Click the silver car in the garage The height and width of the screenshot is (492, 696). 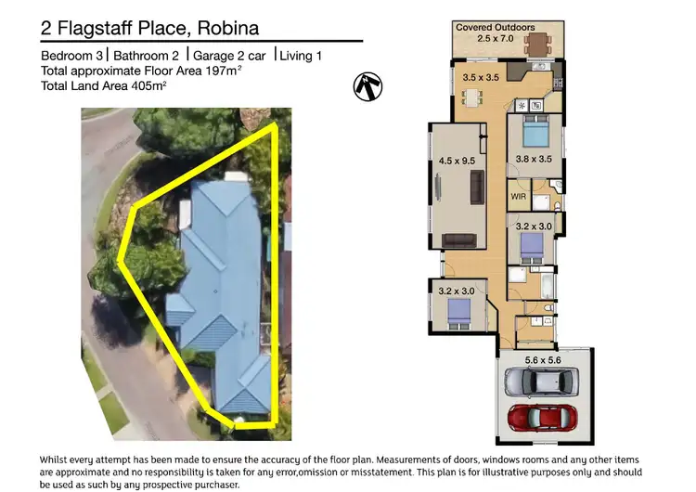[538, 381]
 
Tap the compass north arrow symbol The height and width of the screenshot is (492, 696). [368, 86]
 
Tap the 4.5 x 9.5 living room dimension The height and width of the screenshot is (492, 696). [455, 161]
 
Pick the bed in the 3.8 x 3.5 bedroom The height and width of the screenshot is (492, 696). [536, 136]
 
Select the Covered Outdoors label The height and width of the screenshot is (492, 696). [493, 28]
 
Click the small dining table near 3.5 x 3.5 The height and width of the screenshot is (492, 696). [470, 97]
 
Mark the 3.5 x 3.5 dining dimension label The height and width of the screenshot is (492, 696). [480, 78]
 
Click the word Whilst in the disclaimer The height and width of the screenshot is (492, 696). [57, 460]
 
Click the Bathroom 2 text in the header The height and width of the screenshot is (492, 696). [147, 56]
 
